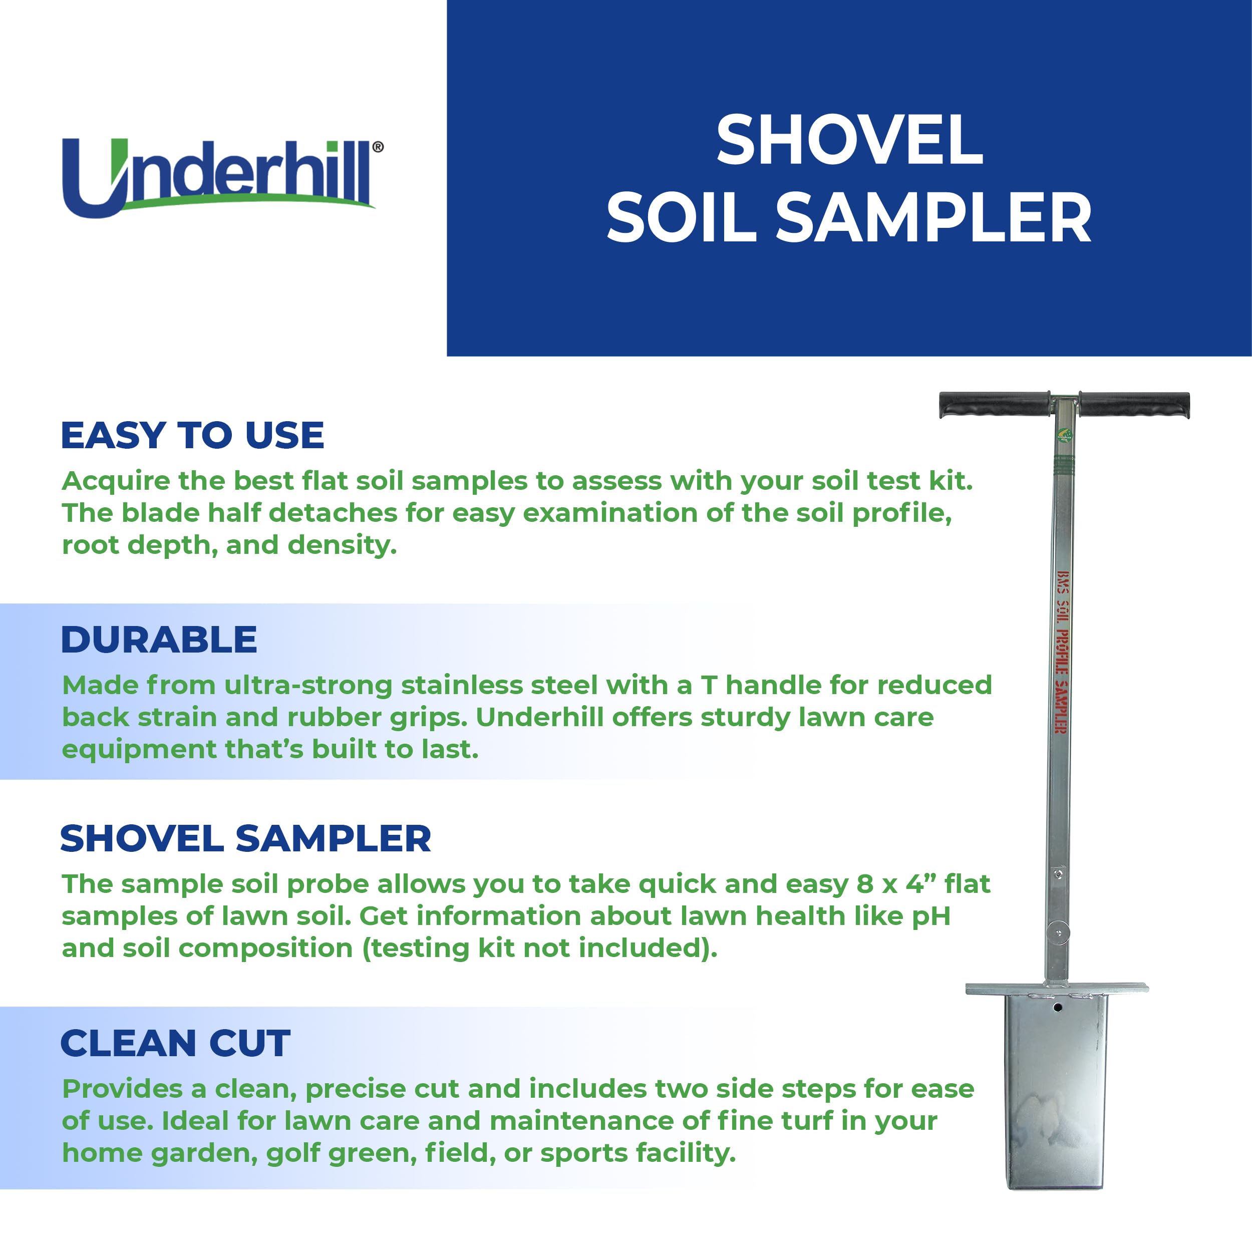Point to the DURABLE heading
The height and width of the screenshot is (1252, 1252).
click(159, 640)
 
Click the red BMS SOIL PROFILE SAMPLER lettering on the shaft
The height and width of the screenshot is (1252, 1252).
click(1062, 653)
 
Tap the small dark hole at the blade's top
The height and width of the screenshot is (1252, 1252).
click(1058, 1008)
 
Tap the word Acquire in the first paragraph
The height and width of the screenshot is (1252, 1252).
click(116, 481)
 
